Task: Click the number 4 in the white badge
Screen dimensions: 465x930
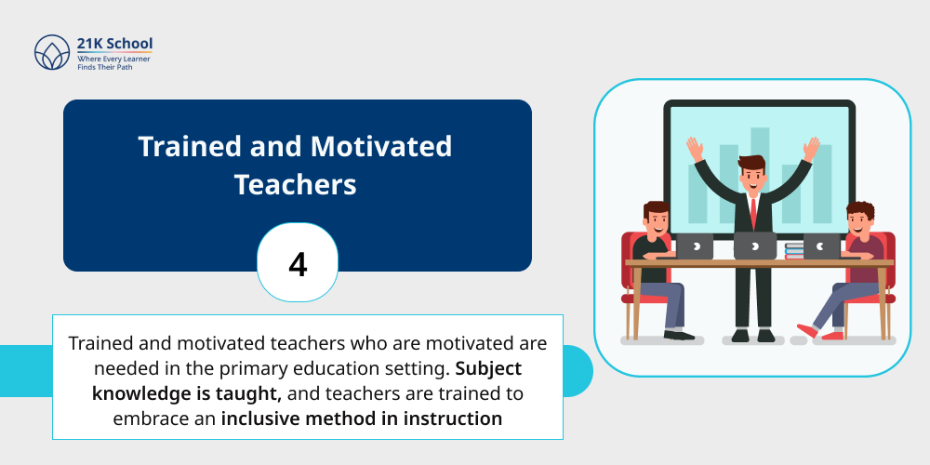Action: click(x=298, y=265)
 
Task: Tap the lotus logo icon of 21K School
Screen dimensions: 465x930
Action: click(x=52, y=53)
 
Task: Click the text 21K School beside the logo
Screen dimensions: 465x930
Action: click(x=114, y=44)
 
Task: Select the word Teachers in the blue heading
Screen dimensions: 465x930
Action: click(x=296, y=183)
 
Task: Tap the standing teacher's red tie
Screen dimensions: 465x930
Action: click(x=752, y=212)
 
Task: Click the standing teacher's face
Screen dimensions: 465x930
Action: click(x=751, y=176)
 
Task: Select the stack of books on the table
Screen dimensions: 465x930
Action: click(x=793, y=250)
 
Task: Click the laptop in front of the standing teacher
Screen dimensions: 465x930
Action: click(x=754, y=246)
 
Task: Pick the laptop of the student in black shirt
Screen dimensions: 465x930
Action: click(x=694, y=246)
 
